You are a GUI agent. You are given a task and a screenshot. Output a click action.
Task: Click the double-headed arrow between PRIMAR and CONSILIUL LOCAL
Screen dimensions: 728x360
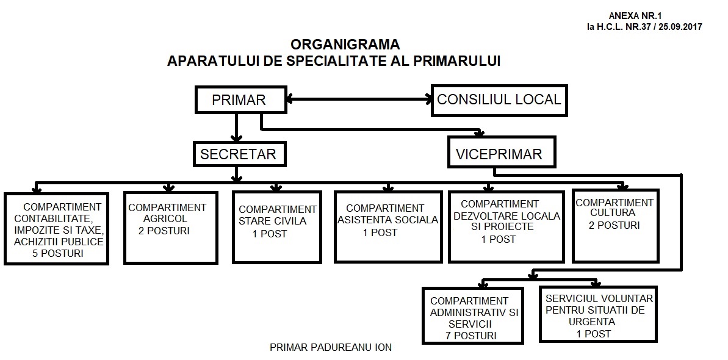click(x=359, y=98)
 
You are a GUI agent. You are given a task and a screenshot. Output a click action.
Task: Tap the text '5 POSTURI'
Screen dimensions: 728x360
click(x=58, y=254)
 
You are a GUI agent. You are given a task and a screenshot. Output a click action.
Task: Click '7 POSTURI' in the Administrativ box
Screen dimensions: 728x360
click(x=470, y=336)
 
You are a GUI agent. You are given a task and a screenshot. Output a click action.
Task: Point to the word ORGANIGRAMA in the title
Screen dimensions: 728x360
click(x=345, y=45)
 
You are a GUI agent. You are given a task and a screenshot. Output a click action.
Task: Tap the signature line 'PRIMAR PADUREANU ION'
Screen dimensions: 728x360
click(x=331, y=347)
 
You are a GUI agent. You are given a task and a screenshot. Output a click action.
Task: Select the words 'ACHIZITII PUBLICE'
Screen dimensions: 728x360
click(x=59, y=242)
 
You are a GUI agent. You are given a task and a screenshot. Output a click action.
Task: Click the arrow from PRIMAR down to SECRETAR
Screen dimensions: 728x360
click(x=237, y=128)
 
